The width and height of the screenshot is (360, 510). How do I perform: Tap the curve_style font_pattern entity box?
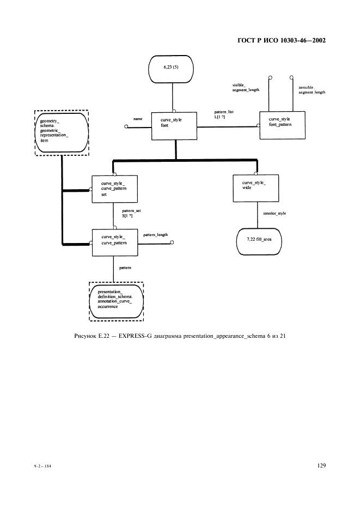pos(282,126)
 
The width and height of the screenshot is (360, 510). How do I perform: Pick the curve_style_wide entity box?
pos(255,189)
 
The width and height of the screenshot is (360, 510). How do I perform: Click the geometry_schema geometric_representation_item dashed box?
pos(62,132)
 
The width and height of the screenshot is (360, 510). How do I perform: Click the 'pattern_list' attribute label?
pos(223,112)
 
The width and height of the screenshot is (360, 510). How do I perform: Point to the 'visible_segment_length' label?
pos(246,87)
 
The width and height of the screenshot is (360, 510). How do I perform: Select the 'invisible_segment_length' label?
pos(312,90)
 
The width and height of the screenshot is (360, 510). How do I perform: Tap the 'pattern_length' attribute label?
pos(155,235)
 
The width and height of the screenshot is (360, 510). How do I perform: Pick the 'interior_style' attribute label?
pos(274,214)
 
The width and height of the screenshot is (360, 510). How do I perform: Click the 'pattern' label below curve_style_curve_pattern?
pos(125,269)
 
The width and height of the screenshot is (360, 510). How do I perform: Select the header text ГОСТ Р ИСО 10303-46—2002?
pos(282,40)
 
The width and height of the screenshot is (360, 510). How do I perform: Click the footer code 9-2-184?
pos(41,467)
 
